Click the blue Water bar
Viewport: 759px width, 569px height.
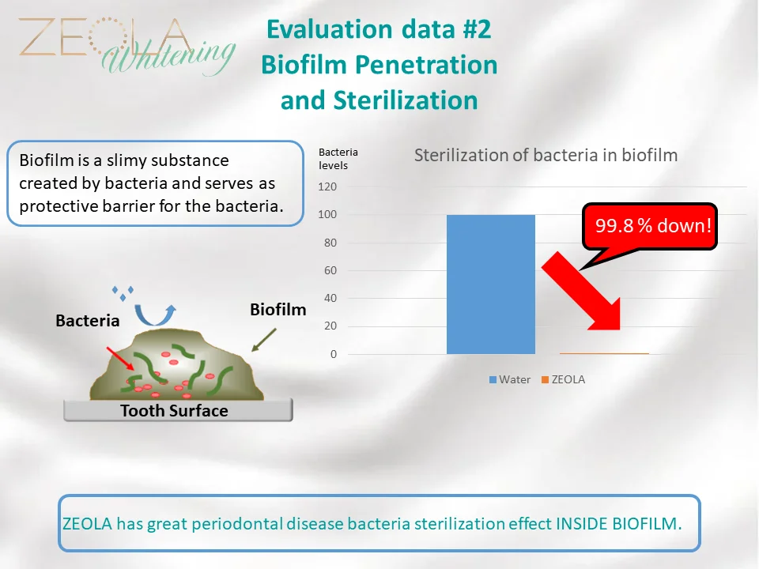coord(491,284)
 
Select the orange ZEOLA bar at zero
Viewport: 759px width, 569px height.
coord(604,353)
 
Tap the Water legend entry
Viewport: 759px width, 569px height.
coord(510,379)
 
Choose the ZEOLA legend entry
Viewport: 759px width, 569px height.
coord(563,379)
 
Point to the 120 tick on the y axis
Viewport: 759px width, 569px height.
coord(327,187)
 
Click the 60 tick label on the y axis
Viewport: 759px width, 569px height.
coord(330,270)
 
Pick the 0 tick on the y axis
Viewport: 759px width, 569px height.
coord(334,354)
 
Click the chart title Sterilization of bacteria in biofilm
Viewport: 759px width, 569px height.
coord(546,156)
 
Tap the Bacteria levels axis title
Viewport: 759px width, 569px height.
coord(338,159)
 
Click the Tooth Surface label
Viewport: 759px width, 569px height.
coord(174,411)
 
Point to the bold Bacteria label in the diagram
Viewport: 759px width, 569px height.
coord(88,320)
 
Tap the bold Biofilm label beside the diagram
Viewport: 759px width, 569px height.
coord(278,310)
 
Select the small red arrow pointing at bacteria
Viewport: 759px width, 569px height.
coord(120,359)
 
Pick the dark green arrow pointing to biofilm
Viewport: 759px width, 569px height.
coord(264,340)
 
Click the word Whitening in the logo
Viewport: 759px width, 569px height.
coord(168,57)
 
